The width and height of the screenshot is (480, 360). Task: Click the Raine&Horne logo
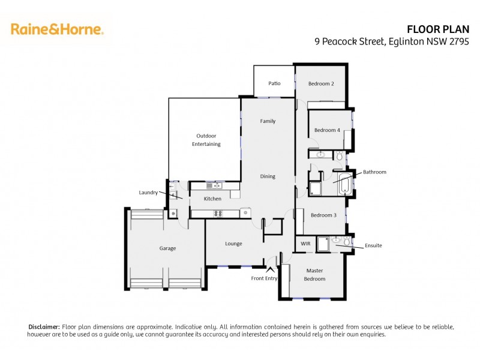point(57,28)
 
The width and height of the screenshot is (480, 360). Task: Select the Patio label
point(274,83)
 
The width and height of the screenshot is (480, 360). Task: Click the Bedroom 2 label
point(321,83)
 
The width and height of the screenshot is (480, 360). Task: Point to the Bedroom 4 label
point(327,130)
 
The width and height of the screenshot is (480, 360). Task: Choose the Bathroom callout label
point(374,172)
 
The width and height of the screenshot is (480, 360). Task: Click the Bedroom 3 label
point(323,215)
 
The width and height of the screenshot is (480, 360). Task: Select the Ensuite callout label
point(373,245)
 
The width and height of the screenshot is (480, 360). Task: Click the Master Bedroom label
point(314,275)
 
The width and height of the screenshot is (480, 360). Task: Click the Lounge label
point(233,244)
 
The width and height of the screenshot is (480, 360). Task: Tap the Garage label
point(167,248)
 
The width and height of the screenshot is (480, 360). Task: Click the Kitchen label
point(212,199)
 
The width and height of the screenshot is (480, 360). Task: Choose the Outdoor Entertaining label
point(206,140)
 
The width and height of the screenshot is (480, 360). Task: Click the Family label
point(268,121)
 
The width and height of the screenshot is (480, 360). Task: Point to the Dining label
point(268,176)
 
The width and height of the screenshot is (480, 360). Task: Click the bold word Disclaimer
point(44,326)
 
